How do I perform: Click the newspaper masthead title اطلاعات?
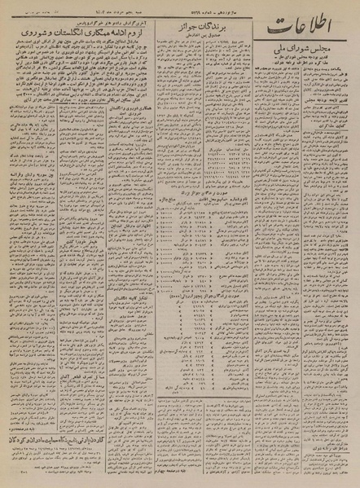305,32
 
